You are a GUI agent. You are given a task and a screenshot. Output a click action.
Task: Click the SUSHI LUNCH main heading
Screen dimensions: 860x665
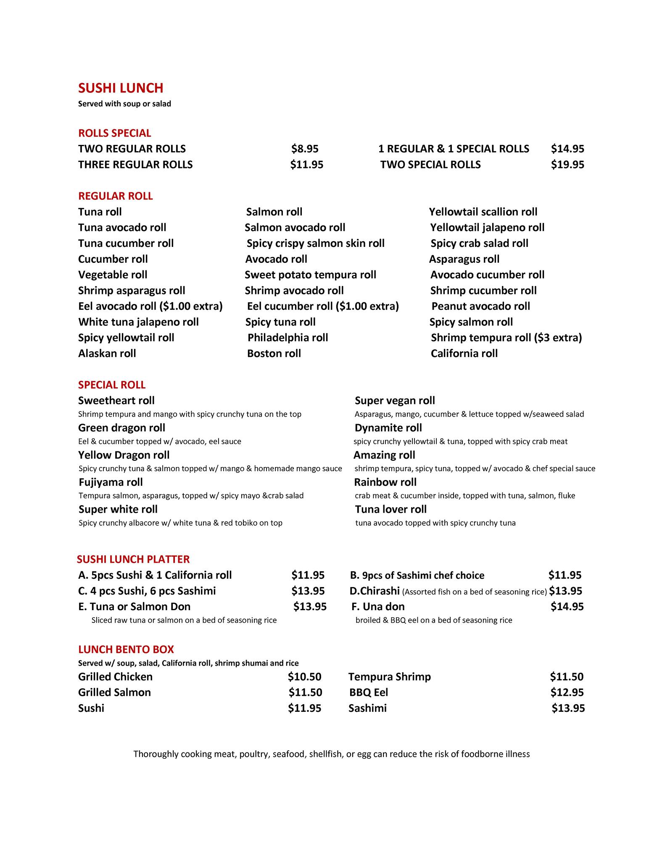[x=121, y=88]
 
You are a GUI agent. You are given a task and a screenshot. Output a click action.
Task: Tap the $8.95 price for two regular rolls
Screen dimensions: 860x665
[x=305, y=149]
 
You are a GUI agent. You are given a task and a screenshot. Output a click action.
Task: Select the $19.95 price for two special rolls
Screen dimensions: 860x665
[x=567, y=165]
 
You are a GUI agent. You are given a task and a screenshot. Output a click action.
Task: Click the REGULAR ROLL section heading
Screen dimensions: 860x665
[x=116, y=196]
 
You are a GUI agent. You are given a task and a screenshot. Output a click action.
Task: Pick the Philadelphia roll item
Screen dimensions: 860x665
[x=288, y=338]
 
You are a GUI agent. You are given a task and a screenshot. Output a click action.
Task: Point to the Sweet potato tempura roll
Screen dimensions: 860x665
[x=310, y=275]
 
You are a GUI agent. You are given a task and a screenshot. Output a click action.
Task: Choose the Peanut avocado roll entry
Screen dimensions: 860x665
[x=480, y=307]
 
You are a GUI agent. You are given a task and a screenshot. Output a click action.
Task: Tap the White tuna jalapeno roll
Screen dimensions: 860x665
[x=138, y=322]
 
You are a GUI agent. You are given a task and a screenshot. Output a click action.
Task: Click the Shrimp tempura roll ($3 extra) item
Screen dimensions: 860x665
[x=506, y=338]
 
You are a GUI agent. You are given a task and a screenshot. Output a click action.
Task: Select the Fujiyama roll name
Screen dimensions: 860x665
[x=111, y=482]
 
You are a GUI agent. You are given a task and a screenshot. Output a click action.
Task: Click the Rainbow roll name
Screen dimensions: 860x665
[x=385, y=482]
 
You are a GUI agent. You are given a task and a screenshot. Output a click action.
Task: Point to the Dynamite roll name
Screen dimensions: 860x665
[x=388, y=428]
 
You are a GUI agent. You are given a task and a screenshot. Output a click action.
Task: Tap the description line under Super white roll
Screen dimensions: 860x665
[x=180, y=523]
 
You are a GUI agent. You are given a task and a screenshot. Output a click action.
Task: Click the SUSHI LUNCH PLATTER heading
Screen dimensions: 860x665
[x=133, y=559]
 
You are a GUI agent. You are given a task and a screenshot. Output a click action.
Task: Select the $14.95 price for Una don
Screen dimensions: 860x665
[x=567, y=606]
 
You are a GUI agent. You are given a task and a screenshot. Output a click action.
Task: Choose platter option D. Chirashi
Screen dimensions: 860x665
[x=374, y=591]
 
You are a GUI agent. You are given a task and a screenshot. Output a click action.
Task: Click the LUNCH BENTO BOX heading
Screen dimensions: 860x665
[x=126, y=649]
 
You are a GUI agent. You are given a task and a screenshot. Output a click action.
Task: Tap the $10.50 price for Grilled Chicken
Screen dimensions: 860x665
[x=304, y=676]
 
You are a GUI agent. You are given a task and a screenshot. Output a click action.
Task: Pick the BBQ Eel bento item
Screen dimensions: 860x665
[x=368, y=692]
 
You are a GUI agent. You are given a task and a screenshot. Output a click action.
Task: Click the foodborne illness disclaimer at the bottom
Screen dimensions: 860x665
[x=331, y=754]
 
